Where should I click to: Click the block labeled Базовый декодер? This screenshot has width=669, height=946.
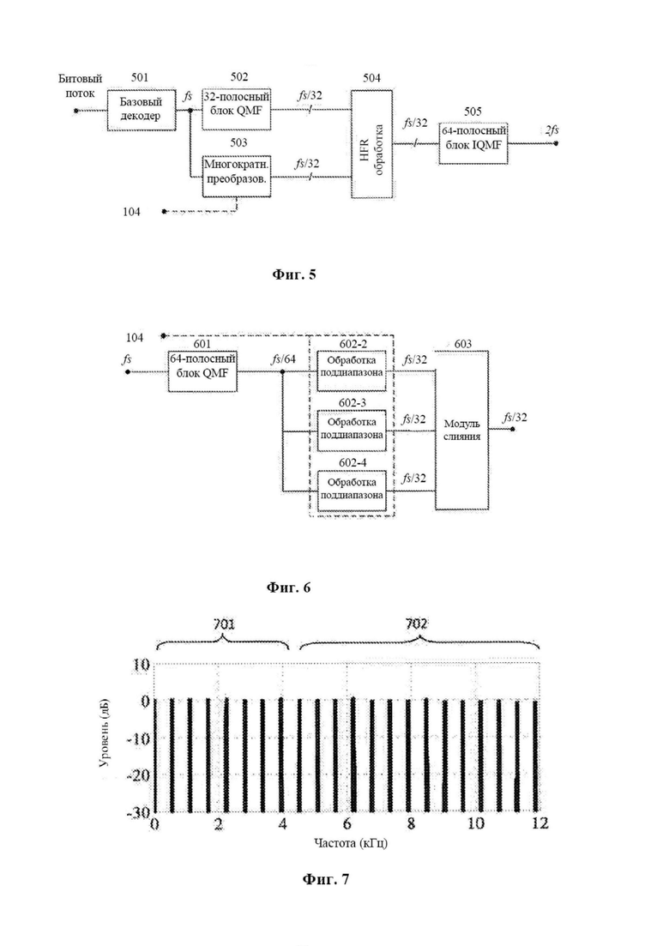point(142,110)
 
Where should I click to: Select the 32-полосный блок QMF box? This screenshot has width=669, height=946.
point(236,109)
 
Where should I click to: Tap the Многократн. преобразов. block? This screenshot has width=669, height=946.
point(236,176)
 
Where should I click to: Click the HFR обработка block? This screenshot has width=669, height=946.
point(371,143)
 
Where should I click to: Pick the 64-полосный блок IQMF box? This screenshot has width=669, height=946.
point(473,143)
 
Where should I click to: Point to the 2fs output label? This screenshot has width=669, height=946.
point(552,130)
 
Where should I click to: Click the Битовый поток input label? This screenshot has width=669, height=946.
point(81,86)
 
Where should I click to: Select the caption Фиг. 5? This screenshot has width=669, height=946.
point(294,275)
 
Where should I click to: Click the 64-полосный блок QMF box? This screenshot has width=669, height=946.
point(202,371)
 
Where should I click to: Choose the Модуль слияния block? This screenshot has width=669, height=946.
point(462,430)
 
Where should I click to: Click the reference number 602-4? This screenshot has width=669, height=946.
point(353,463)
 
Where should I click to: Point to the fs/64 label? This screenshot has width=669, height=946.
point(284,359)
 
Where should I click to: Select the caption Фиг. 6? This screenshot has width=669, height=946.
point(288,587)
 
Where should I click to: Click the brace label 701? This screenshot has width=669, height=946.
point(223,624)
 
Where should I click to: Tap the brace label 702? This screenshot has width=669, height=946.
point(417,624)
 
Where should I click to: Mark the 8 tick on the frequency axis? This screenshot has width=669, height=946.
point(412,823)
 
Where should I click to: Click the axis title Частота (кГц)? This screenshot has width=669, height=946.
point(351,843)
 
